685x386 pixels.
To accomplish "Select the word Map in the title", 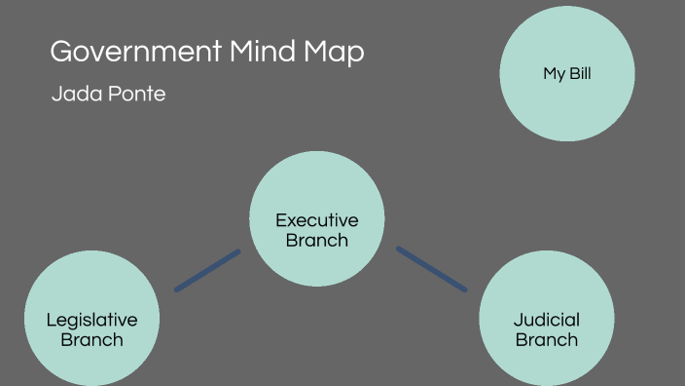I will point(336,53).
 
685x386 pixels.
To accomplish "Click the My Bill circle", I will point(567,73).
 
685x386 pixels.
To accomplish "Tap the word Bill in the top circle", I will point(580,73).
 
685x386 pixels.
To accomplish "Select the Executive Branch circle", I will point(317,219).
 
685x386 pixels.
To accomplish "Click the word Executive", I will point(317,220).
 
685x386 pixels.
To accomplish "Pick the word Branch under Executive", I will point(317,241).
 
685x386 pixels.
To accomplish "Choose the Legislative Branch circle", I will point(91,319).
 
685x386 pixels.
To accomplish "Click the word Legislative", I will point(92,320).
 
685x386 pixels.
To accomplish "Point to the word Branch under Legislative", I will point(92,340).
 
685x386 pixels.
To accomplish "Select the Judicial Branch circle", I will point(547,319).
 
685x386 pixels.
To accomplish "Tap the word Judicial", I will point(547,320).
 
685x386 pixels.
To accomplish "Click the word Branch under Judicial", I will point(547,340).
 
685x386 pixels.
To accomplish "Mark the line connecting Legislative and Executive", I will point(207,270).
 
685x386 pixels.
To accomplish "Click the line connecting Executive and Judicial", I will point(431,268).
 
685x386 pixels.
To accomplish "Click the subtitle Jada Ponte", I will point(108,95).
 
